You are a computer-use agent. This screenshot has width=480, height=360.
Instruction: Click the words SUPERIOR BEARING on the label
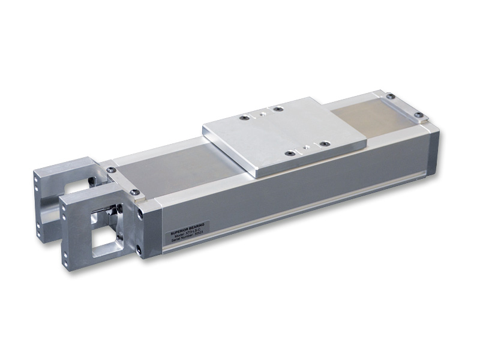(x=187, y=232)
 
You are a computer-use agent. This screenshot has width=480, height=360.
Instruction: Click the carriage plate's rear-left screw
(x=242, y=118)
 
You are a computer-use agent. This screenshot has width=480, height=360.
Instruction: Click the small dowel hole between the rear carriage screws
(x=262, y=112)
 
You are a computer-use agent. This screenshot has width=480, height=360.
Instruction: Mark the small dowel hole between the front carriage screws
(x=306, y=148)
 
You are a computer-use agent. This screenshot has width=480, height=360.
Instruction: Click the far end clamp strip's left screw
(x=390, y=96)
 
